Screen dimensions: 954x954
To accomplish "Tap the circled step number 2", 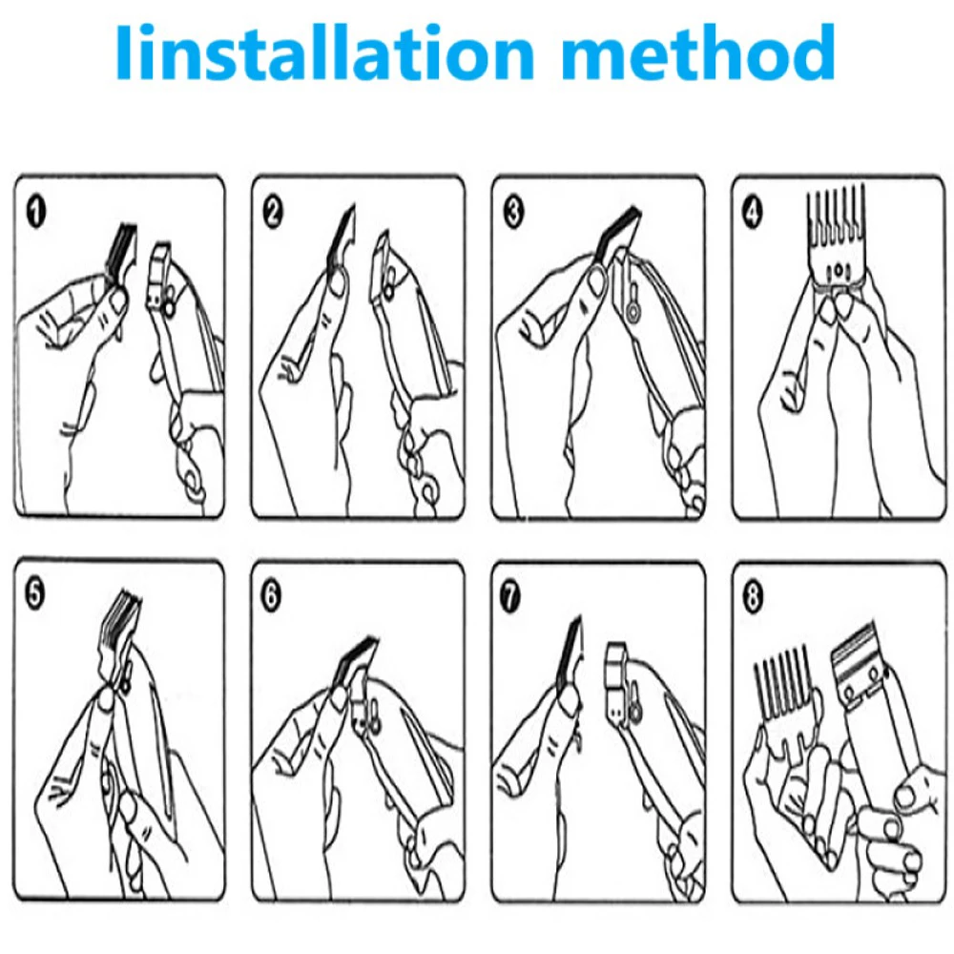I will coord(274,213).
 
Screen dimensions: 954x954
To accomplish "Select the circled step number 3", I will coord(514,213).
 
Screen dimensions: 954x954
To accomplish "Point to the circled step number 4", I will coord(753,213).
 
